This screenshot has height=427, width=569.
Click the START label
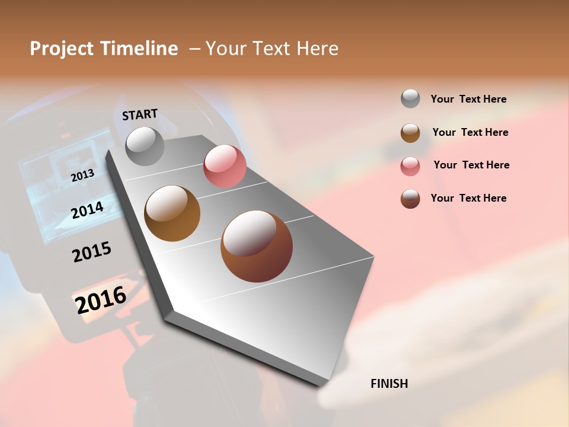140,114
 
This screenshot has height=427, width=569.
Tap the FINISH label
389,384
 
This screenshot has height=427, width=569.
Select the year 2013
82,175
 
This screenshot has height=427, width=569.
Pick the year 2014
87,209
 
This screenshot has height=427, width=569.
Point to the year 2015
92,252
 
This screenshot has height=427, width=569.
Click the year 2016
101,299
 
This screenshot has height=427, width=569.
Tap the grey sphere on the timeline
145,146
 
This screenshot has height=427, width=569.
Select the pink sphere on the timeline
225,166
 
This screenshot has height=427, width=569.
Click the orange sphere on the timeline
172,213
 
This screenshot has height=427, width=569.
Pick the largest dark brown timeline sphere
257,246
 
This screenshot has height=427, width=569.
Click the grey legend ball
410,98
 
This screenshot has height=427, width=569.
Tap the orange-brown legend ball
410,132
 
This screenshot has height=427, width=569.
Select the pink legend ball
410,165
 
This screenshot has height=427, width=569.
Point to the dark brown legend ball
410,198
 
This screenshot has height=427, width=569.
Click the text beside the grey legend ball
468,99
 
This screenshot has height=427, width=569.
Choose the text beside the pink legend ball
471,165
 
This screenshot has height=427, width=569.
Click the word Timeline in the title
139,49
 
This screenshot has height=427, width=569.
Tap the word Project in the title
62,49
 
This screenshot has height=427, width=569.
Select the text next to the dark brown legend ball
468,198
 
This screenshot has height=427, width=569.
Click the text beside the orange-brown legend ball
470,132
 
